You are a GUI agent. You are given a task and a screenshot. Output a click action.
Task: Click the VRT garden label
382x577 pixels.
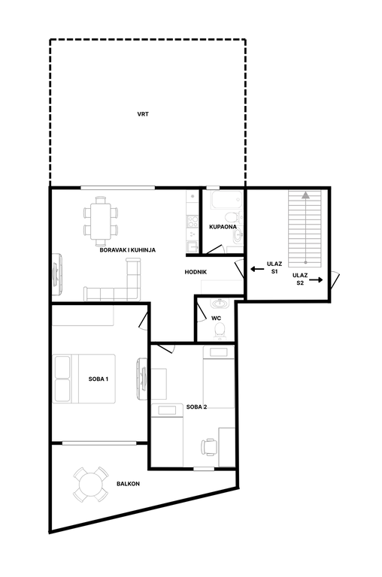[x=143, y=114]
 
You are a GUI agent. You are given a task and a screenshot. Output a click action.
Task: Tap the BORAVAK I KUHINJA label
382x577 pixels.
[x=127, y=250]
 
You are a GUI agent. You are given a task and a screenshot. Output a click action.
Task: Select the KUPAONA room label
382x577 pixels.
[x=223, y=227]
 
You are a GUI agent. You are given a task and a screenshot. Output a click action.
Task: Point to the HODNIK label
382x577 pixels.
[x=196, y=272]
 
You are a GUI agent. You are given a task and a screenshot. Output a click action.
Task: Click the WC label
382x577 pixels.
[x=217, y=318]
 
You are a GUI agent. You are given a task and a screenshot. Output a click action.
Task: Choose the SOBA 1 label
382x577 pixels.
[x=99, y=379]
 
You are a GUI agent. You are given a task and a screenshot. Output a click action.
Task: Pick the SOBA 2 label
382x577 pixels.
[x=196, y=406]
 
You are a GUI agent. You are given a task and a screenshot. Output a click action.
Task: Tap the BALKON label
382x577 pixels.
[x=128, y=484]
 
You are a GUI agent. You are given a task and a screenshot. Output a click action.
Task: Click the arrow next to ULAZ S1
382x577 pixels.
[x=257, y=269]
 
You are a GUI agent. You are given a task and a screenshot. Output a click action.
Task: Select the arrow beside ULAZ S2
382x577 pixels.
[x=316, y=280]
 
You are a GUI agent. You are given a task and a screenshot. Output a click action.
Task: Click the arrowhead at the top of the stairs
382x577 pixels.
[x=305, y=195]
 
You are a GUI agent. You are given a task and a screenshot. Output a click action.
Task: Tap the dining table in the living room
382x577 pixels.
[x=101, y=221]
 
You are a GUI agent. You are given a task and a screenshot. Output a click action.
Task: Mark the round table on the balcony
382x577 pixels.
[x=91, y=485]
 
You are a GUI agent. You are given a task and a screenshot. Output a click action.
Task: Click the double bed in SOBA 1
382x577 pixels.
[x=84, y=379]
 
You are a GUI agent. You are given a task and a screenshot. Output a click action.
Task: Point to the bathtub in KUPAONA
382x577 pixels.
[x=226, y=199]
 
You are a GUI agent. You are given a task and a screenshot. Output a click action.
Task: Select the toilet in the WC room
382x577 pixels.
[x=220, y=330]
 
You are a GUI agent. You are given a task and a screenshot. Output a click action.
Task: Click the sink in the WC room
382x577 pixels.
[x=220, y=304]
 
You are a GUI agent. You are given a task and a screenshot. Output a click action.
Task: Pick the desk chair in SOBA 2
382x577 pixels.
[x=209, y=447]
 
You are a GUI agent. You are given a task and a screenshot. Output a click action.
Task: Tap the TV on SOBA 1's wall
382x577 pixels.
[x=142, y=379]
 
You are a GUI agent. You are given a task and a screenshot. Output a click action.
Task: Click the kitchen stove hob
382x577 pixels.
[x=193, y=222]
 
